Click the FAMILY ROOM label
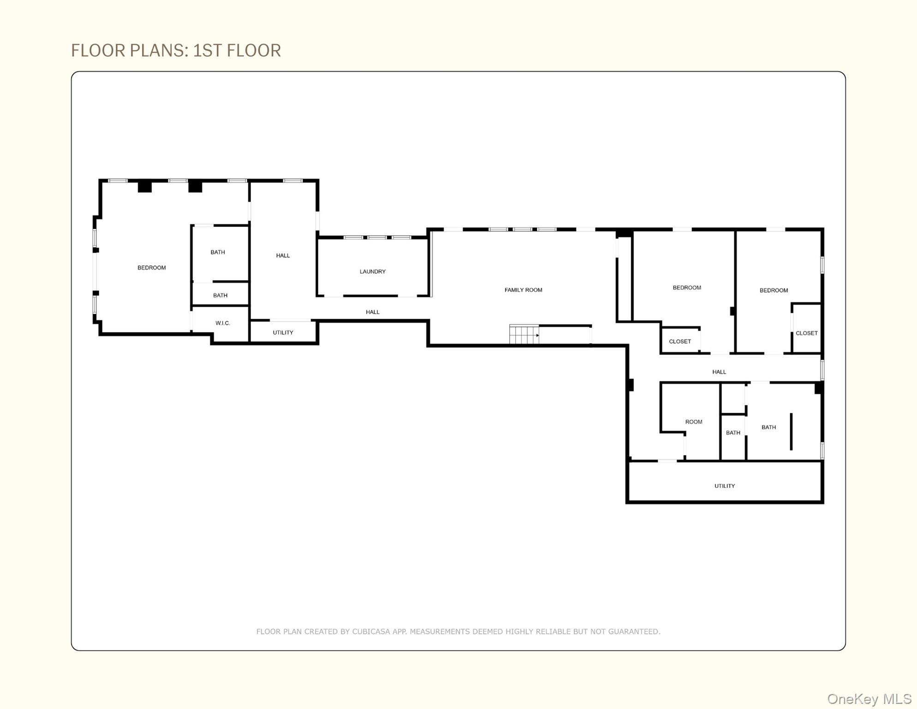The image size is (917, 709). [523, 290]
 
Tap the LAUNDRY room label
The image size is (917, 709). [372, 271]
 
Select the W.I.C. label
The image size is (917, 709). [222, 323]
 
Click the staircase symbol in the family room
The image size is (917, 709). [524, 334]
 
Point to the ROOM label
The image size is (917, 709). [693, 422]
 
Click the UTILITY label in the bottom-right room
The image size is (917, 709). [724, 486]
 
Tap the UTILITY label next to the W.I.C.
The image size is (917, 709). [283, 332]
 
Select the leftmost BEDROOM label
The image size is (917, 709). [151, 268]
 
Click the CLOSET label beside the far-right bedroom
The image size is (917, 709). [806, 333]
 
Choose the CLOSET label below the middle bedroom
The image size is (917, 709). [680, 342]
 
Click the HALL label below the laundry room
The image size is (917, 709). [372, 312]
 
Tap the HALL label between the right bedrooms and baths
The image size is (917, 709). [719, 372]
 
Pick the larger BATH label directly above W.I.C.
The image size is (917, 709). [218, 252]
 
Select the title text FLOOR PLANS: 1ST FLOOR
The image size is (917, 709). [176, 50]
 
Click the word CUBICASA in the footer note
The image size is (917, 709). [371, 631]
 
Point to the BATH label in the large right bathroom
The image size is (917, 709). [768, 427]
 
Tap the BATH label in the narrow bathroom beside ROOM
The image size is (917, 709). [733, 433]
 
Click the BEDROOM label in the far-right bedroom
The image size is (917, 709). [774, 290]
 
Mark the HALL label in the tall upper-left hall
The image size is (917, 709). [283, 255]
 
